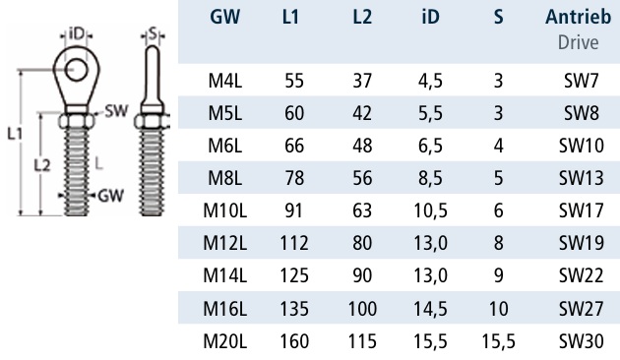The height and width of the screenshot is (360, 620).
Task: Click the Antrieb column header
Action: [x=578, y=17]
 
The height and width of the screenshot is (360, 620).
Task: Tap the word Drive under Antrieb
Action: [x=578, y=42]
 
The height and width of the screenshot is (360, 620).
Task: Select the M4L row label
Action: [x=225, y=81]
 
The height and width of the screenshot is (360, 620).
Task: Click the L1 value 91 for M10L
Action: [x=293, y=210]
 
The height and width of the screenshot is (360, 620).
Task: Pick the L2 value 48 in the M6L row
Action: [x=362, y=146]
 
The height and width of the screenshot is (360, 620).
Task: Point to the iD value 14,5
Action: [x=430, y=309]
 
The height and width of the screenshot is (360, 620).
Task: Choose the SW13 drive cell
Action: [x=581, y=178]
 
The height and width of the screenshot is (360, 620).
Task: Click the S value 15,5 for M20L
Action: [x=498, y=341]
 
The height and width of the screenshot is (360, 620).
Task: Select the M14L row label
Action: [x=225, y=275]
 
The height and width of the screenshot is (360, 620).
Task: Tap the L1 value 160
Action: [x=294, y=341]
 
